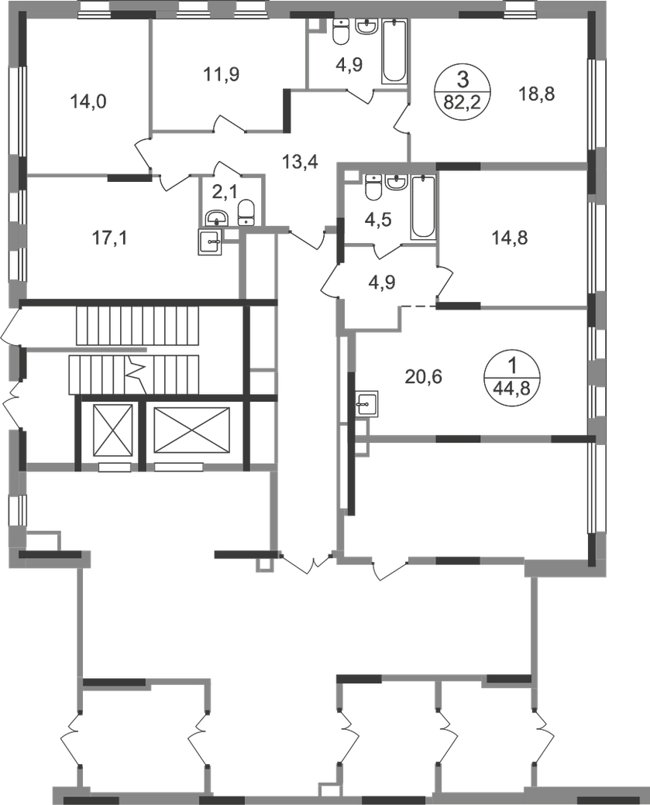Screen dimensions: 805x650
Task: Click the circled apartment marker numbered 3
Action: tap(461, 91)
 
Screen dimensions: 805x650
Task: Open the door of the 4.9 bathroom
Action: tap(363, 97)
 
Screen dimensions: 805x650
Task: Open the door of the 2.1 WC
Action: tap(221, 165)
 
